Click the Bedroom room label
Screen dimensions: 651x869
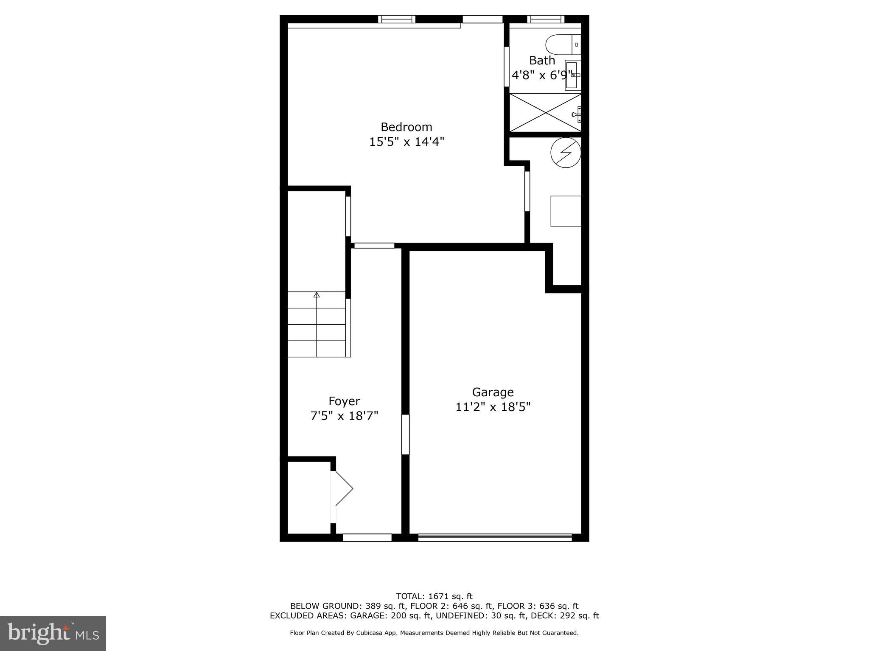[406, 127]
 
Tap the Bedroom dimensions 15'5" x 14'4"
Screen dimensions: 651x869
[406, 142]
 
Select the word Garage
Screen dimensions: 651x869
[493, 392]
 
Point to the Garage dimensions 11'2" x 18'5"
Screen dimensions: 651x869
[493, 407]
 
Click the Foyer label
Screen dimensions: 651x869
[344, 401]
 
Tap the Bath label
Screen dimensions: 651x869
[542, 61]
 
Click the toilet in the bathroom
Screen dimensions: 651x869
[563, 45]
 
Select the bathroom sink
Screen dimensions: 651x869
[572, 75]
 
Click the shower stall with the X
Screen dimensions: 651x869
[545, 113]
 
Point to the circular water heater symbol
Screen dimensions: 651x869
[566, 152]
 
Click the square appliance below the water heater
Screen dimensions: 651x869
[566, 211]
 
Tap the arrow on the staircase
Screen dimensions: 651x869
[316, 295]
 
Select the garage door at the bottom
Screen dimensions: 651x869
[495, 537]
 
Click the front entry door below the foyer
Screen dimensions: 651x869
[367, 538]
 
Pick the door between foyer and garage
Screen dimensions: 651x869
[405, 434]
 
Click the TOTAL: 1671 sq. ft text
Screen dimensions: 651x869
[434, 597]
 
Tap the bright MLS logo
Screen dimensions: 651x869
[53, 633]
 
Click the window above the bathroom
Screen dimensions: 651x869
[546, 19]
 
